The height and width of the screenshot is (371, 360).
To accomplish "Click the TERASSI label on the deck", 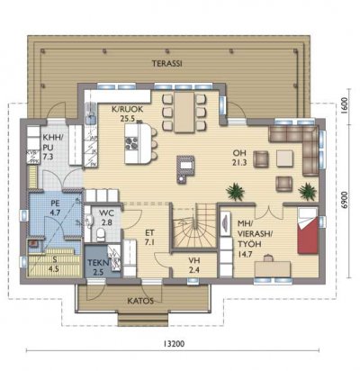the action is point(167,64).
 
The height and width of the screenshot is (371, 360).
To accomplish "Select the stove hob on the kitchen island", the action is point(131,143).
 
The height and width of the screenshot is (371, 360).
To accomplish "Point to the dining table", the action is point(184,112).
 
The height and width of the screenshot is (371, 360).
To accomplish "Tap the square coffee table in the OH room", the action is point(284,158).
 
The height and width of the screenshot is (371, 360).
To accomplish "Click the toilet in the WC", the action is point(100,234).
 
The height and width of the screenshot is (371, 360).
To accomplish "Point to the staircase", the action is point(193,225).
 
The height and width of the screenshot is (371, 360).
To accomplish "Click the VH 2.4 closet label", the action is point(194,265).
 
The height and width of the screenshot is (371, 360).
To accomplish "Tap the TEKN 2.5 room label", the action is point(98,267).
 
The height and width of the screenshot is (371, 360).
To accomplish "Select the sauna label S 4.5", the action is point(53,265).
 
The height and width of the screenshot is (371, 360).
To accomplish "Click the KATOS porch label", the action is point(140,301).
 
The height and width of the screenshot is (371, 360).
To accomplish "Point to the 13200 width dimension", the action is point(174,344).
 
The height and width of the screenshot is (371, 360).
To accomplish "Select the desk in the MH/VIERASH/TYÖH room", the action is point(273,268).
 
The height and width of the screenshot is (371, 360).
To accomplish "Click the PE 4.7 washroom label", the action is point(56,208).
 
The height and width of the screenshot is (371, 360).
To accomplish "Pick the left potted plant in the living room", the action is point(235,192).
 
